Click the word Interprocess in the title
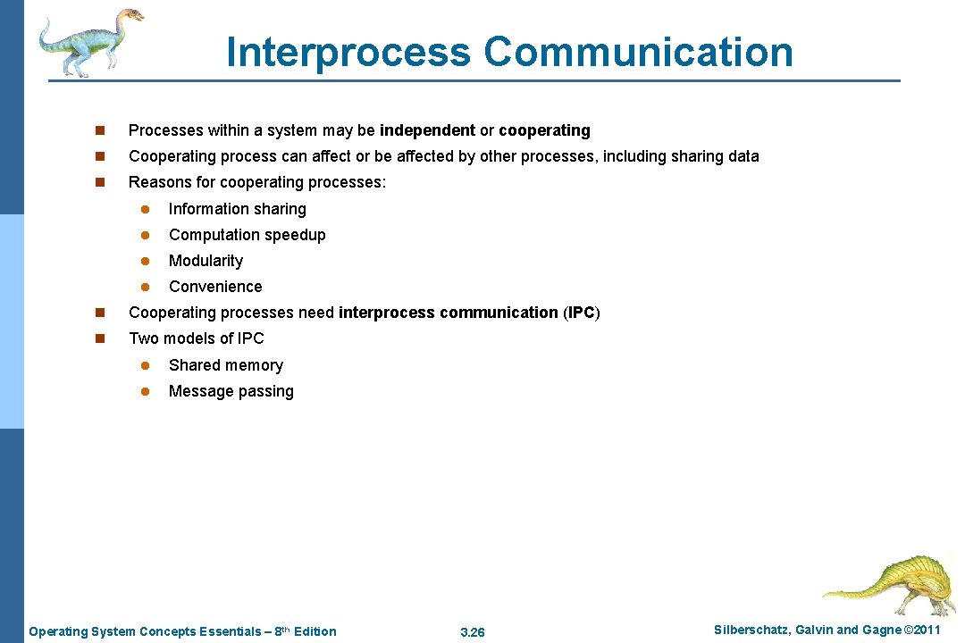348,52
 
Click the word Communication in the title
638,52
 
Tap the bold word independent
427,130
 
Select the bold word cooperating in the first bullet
544,130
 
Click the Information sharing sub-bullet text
237,209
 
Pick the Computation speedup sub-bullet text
247,235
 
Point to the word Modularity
206,261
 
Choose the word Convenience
215,287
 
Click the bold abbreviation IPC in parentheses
582,313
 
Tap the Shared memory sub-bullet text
225,365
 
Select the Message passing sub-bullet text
231,391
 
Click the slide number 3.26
472,632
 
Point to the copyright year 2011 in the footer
924,630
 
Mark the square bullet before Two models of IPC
100,339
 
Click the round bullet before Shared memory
143,365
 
